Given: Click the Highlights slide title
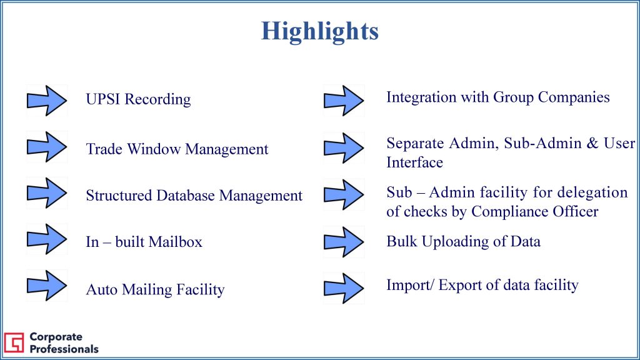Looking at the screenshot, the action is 320,31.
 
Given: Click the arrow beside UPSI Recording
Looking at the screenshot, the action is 47,101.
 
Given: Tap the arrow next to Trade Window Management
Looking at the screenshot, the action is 47,147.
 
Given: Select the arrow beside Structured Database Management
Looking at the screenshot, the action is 47,193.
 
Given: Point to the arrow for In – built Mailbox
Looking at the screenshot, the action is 47,239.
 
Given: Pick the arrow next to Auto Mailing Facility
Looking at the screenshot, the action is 47,286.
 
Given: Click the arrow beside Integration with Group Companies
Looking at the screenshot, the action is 344,101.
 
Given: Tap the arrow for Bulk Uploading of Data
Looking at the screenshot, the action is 344,242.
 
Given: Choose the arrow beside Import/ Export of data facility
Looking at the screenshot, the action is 344,288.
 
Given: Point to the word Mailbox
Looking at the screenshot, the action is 175,242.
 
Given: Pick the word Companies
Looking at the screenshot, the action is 574,97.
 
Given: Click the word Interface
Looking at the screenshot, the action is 415,162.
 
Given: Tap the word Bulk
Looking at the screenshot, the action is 402,241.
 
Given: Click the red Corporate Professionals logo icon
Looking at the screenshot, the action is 14,342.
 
